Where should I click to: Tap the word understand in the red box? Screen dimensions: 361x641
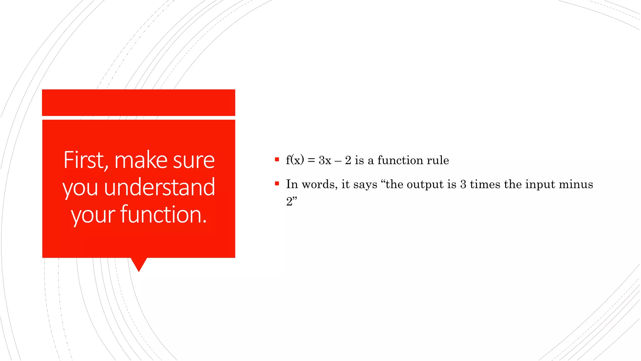click(x=159, y=187)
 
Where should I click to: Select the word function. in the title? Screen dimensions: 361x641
click(x=163, y=215)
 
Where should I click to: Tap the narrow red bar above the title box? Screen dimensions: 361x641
click(x=138, y=102)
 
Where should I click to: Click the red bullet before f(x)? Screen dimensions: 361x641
click(x=277, y=160)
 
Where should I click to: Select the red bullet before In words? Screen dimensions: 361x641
click(x=277, y=184)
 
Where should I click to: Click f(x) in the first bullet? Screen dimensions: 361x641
click(x=295, y=160)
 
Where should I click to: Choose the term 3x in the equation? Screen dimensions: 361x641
click(x=325, y=160)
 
